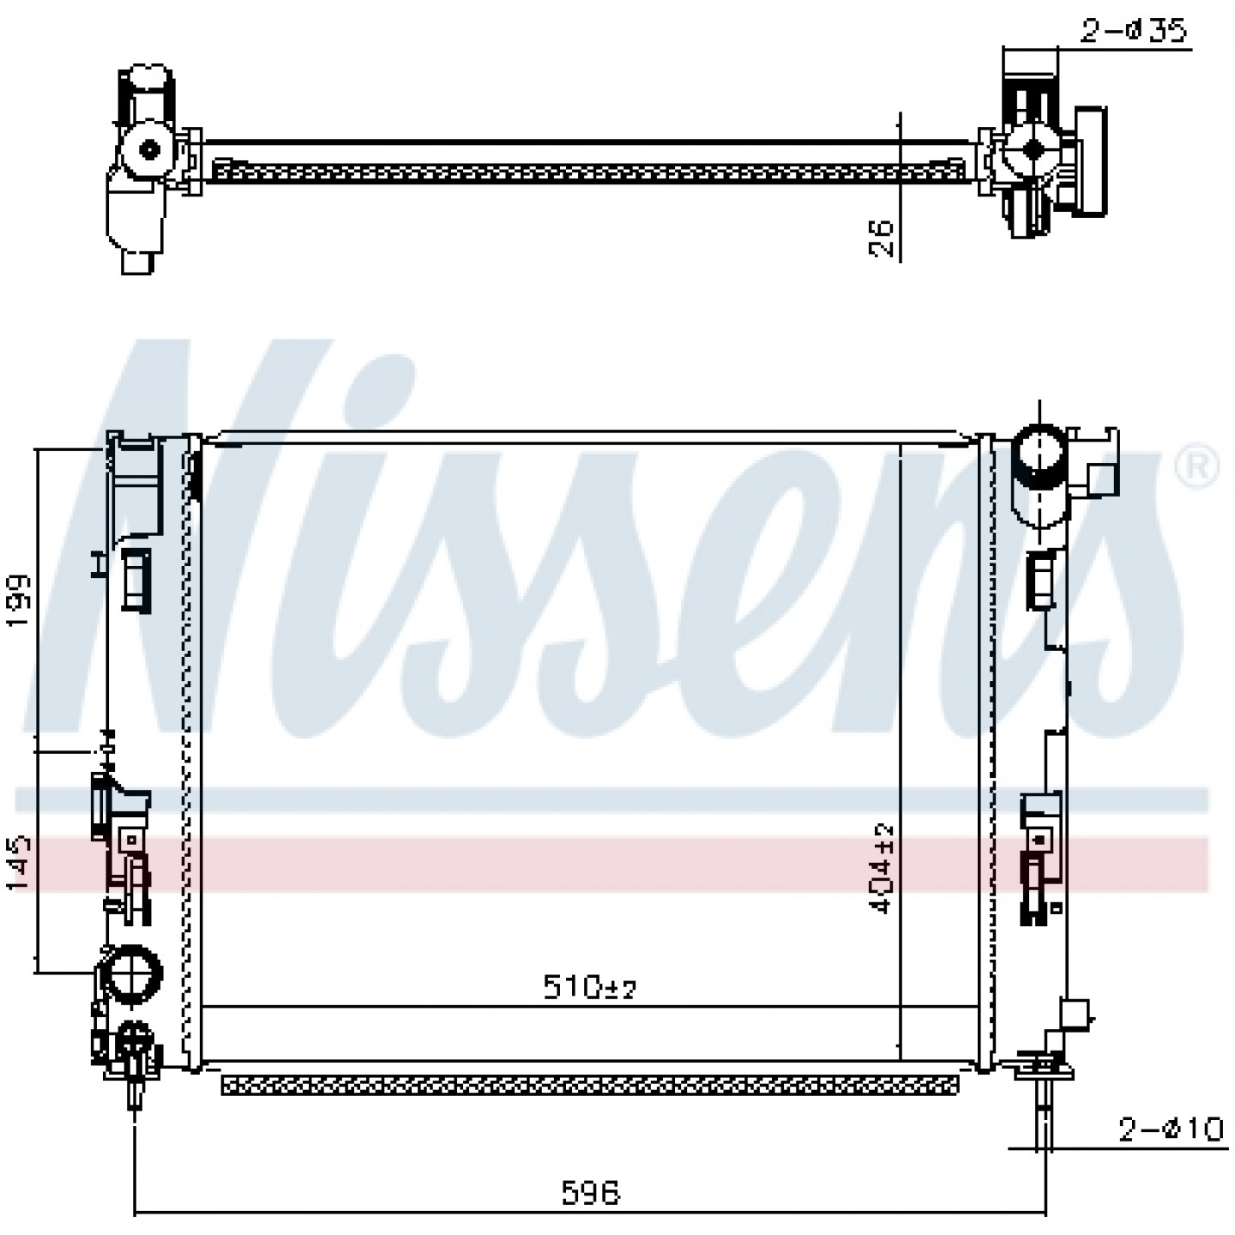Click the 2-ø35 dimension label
(1133, 30)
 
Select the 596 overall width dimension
(591, 1192)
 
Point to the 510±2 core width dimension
(589, 986)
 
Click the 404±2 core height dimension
(882, 869)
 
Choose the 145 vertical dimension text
(19, 862)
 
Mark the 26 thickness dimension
(882, 238)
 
